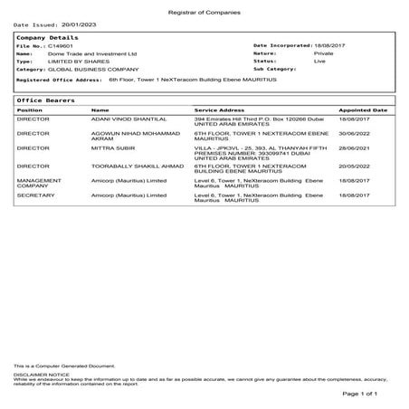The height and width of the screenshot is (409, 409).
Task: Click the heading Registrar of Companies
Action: [204, 8]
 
